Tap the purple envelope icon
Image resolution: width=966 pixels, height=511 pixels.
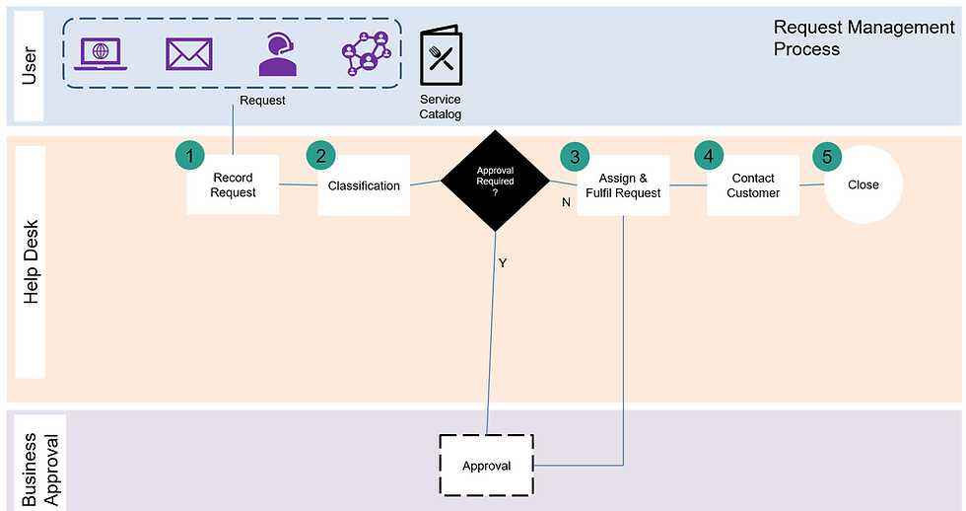point(189,53)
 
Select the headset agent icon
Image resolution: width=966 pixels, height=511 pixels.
point(278,54)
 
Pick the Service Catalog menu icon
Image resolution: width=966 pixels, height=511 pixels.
point(441,58)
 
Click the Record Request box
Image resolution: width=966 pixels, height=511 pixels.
point(233,185)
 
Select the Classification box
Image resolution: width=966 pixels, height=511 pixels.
point(364,185)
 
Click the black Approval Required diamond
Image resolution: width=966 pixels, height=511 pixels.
point(495,182)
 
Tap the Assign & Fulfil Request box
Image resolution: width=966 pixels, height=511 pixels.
point(623,185)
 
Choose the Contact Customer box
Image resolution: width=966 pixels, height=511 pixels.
point(753,185)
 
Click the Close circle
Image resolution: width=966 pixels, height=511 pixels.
point(863,184)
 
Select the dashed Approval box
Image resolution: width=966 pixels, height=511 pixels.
point(486,465)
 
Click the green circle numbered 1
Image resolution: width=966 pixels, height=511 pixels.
point(189,155)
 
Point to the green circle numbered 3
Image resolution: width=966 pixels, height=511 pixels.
point(575,156)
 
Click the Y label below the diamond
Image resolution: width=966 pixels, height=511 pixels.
point(502,263)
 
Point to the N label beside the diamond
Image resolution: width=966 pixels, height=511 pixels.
point(566,202)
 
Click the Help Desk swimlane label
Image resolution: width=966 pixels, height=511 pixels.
point(31,262)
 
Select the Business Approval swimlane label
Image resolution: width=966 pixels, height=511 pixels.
point(31,460)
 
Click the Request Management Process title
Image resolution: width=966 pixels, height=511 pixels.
point(863,37)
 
